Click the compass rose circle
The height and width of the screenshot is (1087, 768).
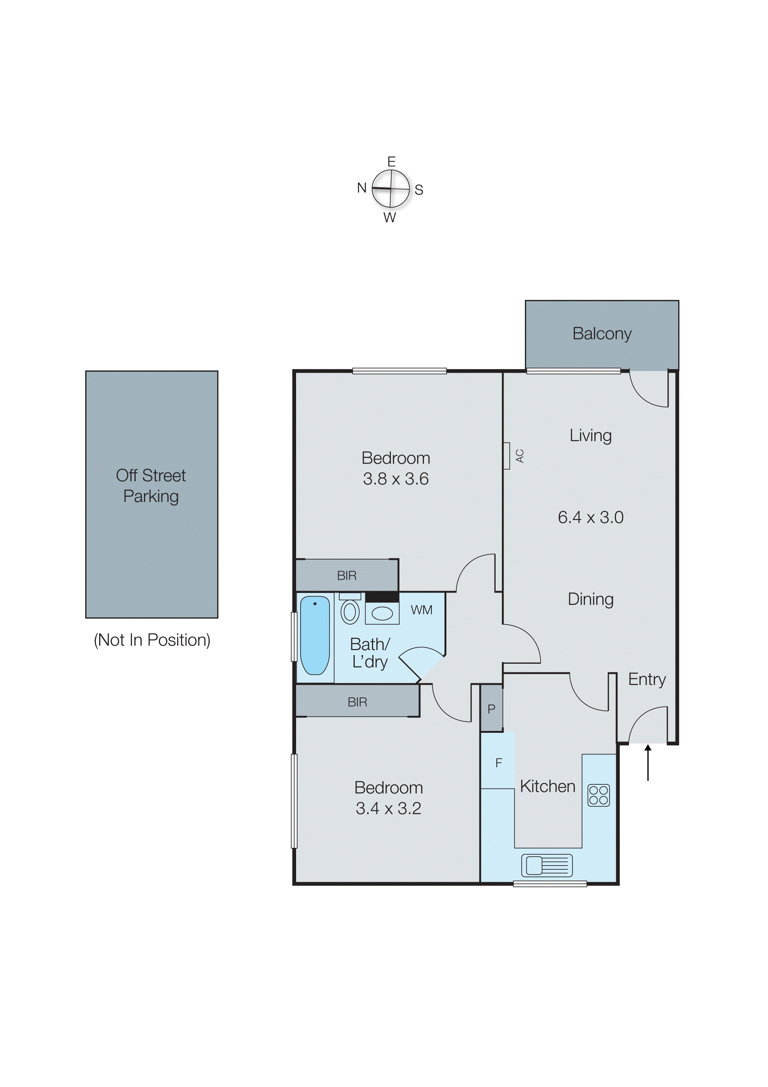[x=390, y=188]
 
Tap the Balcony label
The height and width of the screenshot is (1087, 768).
[x=602, y=334]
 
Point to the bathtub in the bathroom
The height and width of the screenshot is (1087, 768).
[x=314, y=635]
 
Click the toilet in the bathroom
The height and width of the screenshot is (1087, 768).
[x=350, y=611]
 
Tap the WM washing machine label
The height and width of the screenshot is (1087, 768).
[x=421, y=610]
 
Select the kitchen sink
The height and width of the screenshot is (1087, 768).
[x=547, y=866]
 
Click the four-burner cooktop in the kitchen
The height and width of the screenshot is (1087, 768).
[x=598, y=795]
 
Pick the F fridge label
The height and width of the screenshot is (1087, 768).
[x=498, y=763]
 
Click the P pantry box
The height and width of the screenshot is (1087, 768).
[x=491, y=709]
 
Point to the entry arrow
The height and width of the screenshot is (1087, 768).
[x=648, y=762]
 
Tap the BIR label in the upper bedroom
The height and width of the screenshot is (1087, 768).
[x=346, y=576]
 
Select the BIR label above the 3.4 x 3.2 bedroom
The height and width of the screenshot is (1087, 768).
[x=357, y=702]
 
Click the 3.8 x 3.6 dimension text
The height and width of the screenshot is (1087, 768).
[x=396, y=479]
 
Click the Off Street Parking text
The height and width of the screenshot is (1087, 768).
[x=151, y=486]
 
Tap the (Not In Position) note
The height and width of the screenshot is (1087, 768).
[x=152, y=640]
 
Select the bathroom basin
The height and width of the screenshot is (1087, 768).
[x=382, y=614]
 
